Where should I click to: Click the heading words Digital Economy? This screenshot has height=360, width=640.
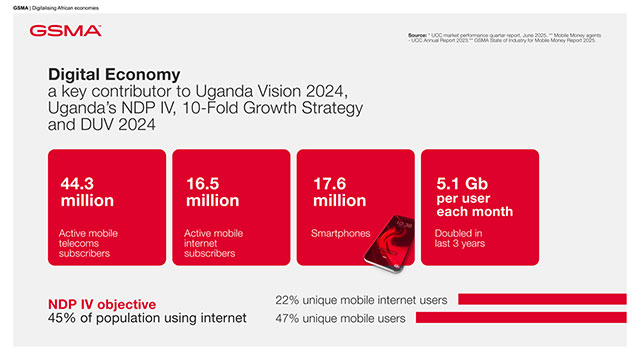coord(114,74)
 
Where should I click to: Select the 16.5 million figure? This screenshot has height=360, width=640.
coord(212,192)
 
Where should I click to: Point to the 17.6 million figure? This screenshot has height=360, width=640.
coord(341,192)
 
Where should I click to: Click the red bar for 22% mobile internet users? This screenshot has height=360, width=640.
coord(541,299)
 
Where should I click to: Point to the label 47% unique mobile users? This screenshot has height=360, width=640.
coord(340,319)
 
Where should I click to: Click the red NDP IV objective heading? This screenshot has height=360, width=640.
coord(102,303)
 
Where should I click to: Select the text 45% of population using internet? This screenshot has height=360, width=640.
coord(147,319)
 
